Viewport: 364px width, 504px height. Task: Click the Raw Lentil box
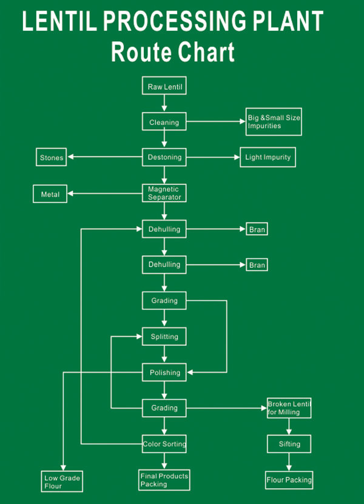coord(164,87)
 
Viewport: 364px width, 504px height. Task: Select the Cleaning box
coord(164,122)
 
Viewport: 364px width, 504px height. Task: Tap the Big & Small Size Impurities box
coord(274,121)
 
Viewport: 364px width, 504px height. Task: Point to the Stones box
coord(52,158)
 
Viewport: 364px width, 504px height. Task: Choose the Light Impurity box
coord(268,157)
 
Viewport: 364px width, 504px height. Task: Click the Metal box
coord(50,194)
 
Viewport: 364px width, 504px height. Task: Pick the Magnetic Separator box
coord(164,193)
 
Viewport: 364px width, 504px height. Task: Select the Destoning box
coord(164,157)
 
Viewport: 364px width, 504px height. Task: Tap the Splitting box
coord(164,336)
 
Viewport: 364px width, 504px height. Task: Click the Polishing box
coord(164,372)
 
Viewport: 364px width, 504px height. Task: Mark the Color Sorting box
coord(164,444)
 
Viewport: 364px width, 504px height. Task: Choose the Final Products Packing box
coord(164,480)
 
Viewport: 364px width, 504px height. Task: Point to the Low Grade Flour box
coord(62,482)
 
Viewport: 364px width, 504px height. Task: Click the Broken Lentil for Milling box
coord(289,408)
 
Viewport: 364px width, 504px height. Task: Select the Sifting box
coord(289,444)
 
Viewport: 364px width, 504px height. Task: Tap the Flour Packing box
coord(289,480)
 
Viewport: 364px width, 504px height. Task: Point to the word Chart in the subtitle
coord(206,52)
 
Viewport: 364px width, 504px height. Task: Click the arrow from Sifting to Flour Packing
coord(289,462)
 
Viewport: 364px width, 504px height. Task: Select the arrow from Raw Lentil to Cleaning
coord(164,104)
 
